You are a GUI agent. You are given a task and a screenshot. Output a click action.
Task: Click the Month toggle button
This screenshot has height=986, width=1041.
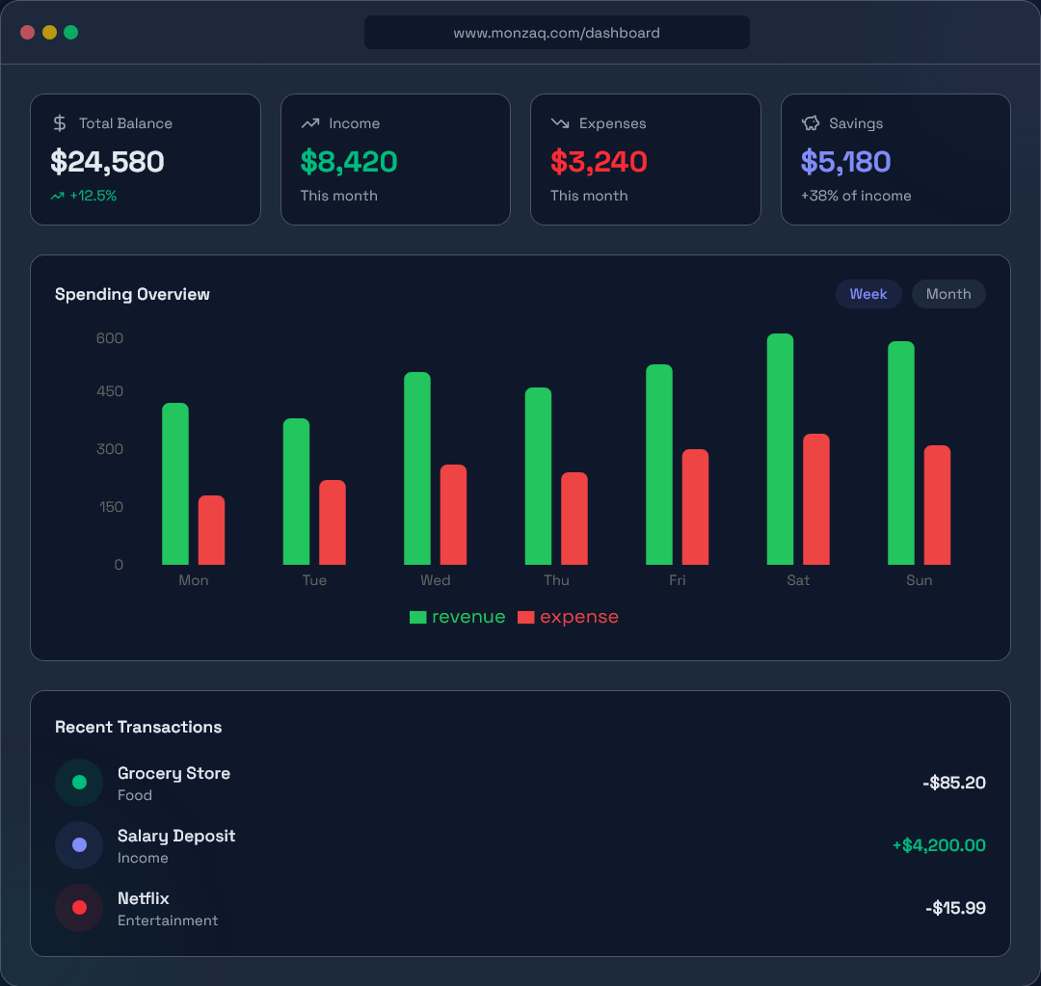[948, 294]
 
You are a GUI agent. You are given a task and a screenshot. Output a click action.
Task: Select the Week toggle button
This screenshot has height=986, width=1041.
[867, 294]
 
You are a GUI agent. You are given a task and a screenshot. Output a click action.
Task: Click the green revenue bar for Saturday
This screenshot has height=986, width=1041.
[780, 449]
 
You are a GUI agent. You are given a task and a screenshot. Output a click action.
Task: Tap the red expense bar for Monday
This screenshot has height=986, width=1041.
[211, 530]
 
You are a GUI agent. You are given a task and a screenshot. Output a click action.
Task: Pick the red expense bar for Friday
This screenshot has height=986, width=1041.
[695, 507]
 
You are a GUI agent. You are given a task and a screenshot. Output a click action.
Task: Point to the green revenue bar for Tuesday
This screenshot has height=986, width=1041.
[296, 492]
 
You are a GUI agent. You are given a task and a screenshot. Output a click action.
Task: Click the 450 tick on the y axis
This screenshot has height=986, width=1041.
[110, 391]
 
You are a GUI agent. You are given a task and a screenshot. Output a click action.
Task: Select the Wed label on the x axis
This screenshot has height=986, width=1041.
[435, 580]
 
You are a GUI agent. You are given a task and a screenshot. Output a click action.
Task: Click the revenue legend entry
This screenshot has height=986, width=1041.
[458, 617]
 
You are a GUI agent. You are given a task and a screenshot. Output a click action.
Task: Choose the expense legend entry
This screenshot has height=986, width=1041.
[569, 617]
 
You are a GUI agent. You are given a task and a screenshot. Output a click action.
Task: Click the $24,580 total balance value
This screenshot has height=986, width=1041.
[107, 162]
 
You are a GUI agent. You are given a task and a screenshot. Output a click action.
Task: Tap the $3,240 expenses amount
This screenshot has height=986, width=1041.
[599, 162]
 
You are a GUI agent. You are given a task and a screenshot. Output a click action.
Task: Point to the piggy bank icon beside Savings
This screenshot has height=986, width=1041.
[811, 123]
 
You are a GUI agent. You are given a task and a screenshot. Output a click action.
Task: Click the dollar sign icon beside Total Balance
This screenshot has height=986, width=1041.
[60, 123]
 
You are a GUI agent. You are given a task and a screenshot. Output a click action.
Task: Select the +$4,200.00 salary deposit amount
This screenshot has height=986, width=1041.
[938, 845]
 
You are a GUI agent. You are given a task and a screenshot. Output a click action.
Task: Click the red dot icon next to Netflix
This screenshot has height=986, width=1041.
[79, 908]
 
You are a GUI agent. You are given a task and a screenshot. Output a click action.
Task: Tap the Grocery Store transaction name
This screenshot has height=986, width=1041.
[173, 773]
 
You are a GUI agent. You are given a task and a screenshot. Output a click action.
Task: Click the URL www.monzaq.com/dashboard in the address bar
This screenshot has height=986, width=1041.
[556, 33]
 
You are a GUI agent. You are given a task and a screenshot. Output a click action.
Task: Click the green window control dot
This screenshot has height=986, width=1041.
[70, 32]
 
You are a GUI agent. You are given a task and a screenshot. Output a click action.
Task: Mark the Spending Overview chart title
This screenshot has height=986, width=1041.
[132, 294]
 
